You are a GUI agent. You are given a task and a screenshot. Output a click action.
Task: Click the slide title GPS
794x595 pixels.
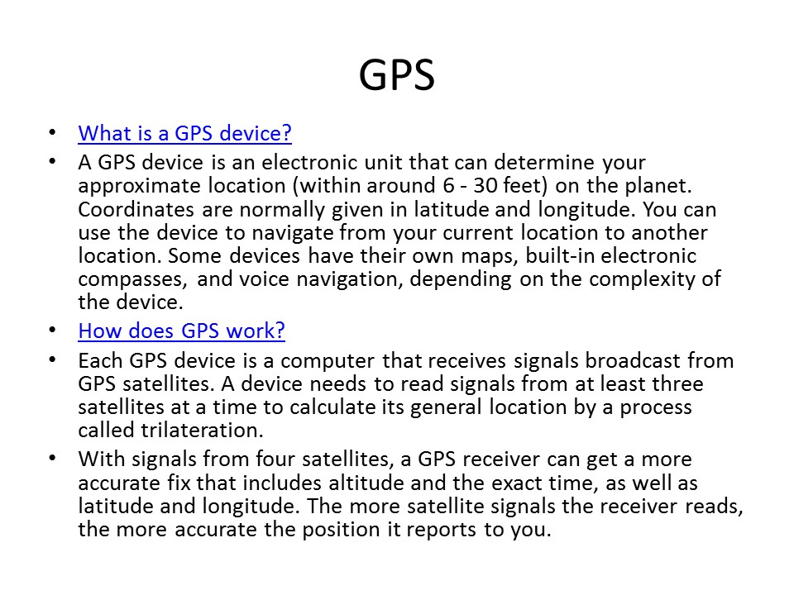[396, 75]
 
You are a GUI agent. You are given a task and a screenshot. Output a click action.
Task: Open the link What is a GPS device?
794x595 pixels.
[184, 133]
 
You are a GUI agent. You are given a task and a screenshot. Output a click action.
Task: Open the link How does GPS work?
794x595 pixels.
[181, 331]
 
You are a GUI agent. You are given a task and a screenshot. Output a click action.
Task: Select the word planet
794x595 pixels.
[658, 186]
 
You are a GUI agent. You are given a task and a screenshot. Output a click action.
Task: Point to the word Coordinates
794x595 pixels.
[136, 209]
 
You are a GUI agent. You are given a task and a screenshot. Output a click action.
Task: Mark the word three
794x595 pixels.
[677, 383]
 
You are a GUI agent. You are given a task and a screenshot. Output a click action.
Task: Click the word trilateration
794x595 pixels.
[202, 430]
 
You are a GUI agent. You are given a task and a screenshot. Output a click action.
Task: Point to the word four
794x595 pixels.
[275, 459]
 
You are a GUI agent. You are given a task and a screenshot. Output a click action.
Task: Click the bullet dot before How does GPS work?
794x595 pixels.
[53, 331]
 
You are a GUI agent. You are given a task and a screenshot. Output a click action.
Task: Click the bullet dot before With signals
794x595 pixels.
[53, 459]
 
